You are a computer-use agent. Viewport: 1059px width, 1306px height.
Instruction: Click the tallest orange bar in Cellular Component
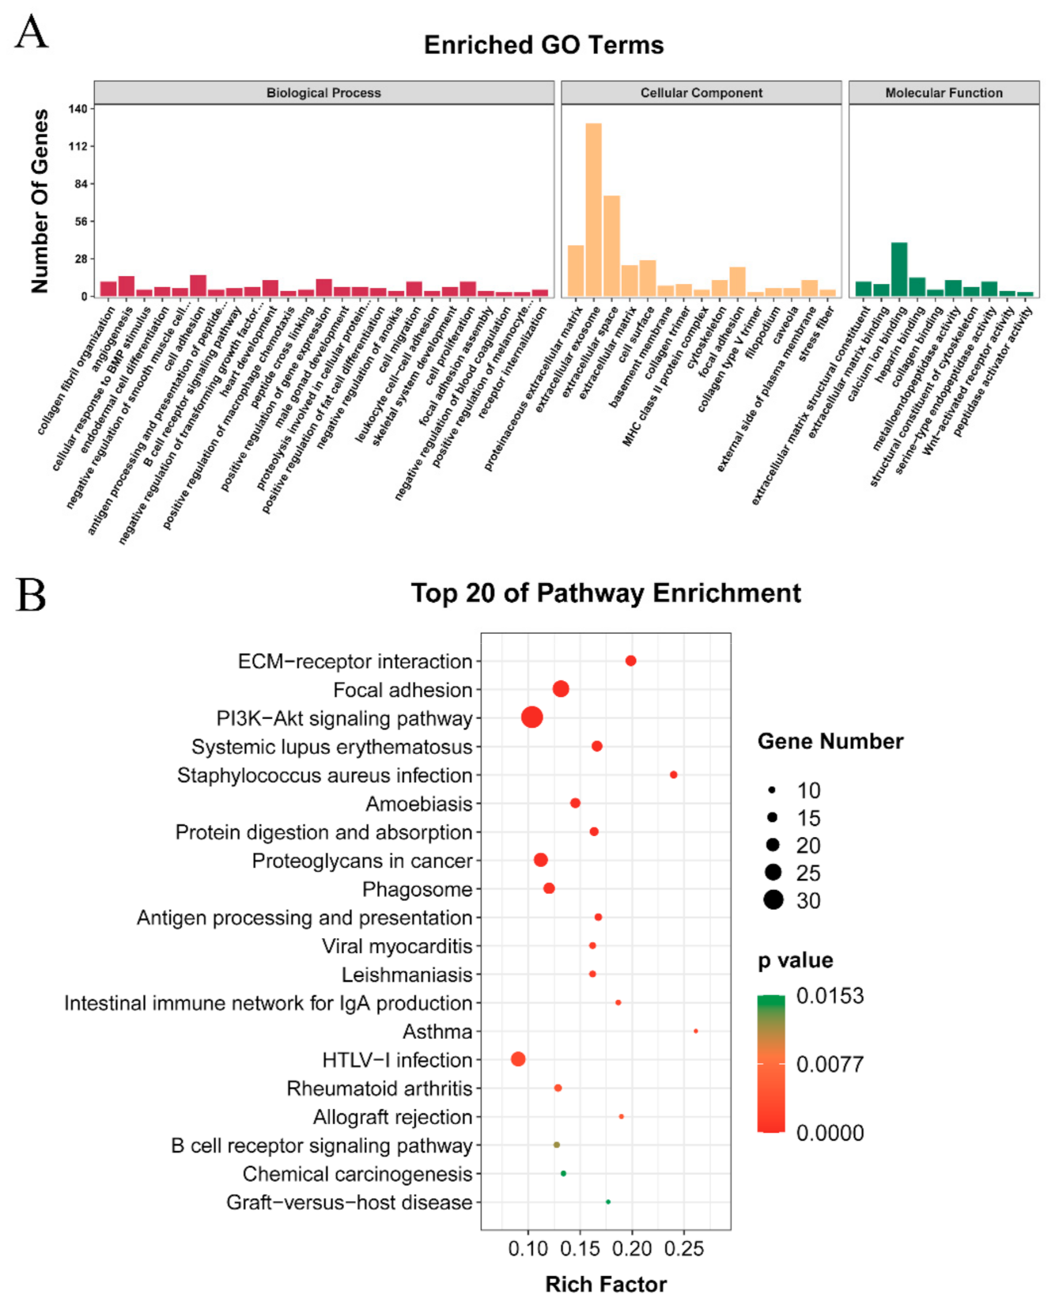(x=593, y=210)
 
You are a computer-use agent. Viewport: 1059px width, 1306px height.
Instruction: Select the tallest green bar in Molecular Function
(x=899, y=270)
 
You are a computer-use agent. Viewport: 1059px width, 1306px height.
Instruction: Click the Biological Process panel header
(x=323, y=93)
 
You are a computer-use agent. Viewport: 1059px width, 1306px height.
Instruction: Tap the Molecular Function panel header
(x=944, y=93)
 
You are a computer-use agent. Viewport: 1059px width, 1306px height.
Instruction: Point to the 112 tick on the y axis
(x=78, y=146)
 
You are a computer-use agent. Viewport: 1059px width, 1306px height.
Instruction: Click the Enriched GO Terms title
(x=543, y=45)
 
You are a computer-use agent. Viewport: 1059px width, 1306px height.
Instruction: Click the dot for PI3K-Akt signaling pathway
(x=532, y=717)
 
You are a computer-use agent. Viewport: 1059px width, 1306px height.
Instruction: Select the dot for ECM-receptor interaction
(x=630, y=661)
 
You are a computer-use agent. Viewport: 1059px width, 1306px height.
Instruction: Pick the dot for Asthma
(x=695, y=1031)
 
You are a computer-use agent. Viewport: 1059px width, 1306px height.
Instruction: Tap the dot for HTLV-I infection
(x=518, y=1058)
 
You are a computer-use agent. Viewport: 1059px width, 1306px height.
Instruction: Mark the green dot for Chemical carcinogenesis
(x=563, y=1173)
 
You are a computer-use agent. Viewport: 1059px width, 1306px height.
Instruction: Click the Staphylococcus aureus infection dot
(x=673, y=774)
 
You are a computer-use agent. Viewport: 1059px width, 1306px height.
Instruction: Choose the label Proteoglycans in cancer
(x=361, y=861)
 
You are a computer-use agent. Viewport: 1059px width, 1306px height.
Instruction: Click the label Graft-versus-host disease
(x=349, y=1202)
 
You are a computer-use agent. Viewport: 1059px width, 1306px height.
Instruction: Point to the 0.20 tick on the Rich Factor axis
(x=632, y=1249)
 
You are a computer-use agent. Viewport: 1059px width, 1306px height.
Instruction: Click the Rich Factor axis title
(x=606, y=1284)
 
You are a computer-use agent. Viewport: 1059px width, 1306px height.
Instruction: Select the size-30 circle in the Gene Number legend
(x=773, y=899)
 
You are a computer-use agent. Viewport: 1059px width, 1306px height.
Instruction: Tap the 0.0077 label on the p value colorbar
(x=830, y=1064)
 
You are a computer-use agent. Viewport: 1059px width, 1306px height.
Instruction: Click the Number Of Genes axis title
(x=40, y=201)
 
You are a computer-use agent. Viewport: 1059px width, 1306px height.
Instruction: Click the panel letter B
(x=31, y=596)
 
